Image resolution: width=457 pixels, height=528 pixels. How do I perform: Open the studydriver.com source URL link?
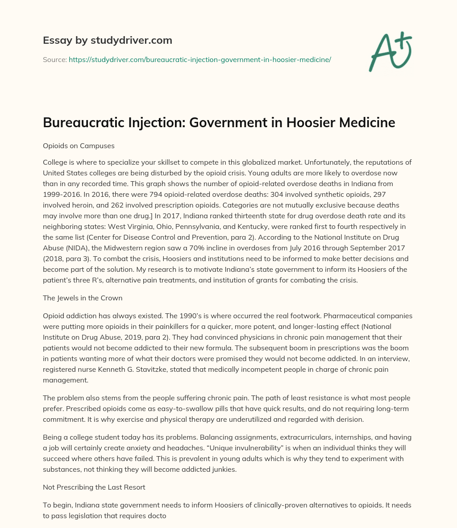pos(199,59)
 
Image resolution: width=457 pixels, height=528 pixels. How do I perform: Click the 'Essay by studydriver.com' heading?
pos(108,40)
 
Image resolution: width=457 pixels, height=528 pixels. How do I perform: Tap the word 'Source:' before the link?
pos(54,59)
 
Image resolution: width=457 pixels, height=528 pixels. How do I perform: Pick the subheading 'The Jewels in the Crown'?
pos(83,298)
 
